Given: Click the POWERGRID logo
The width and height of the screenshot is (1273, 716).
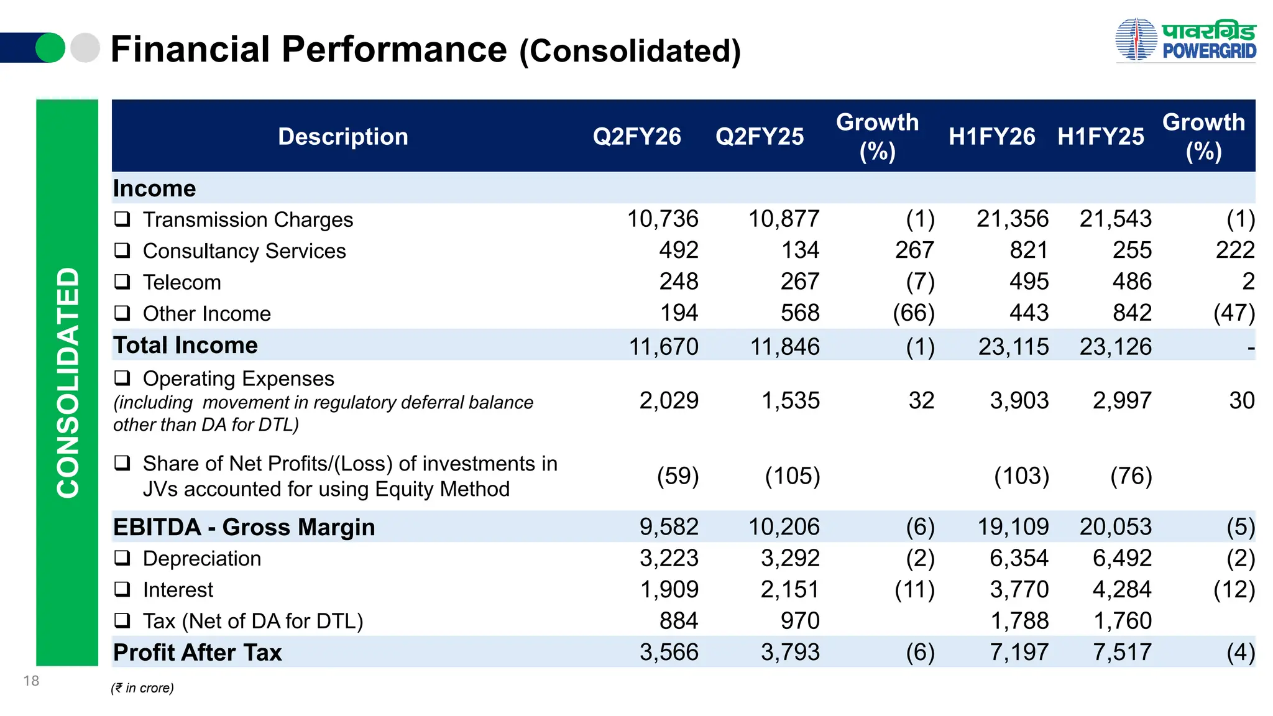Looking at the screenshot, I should (x=1185, y=40).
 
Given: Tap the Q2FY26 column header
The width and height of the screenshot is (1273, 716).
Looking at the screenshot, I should (x=636, y=137).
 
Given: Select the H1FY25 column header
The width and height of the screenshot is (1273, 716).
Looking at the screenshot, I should (x=1100, y=137).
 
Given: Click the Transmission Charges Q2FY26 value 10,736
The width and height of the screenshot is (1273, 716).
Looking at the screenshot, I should (x=662, y=219).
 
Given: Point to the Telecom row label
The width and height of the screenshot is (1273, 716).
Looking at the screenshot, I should (x=182, y=282).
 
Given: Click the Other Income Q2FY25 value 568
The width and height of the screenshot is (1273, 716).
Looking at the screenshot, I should (x=800, y=313).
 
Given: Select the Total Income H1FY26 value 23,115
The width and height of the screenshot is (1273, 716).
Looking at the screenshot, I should (x=1013, y=347).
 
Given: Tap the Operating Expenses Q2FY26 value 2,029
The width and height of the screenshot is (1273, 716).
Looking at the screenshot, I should (x=669, y=401).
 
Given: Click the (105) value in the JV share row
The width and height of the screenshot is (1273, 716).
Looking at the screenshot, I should (x=792, y=477).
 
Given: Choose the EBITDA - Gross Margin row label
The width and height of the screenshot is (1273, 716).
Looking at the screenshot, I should (x=244, y=527).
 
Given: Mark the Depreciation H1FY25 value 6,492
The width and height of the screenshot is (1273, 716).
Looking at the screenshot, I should (x=1122, y=558).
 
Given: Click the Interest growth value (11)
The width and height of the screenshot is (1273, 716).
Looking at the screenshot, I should (x=914, y=590).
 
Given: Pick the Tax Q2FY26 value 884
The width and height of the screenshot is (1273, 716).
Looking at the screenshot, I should (x=679, y=621).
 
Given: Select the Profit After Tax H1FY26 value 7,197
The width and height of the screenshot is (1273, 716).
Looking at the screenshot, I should (x=1019, y=653).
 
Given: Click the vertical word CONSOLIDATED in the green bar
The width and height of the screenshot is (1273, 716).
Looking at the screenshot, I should (x=68, y=382).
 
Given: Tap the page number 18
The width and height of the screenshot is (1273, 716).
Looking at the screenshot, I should (x=31, y=681).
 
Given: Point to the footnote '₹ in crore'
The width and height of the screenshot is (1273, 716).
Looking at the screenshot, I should (x=142, y=688).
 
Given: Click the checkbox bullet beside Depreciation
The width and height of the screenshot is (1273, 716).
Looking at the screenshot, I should (x=122, y=558).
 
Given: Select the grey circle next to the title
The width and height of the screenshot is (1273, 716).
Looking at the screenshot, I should (x=85, y=48).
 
